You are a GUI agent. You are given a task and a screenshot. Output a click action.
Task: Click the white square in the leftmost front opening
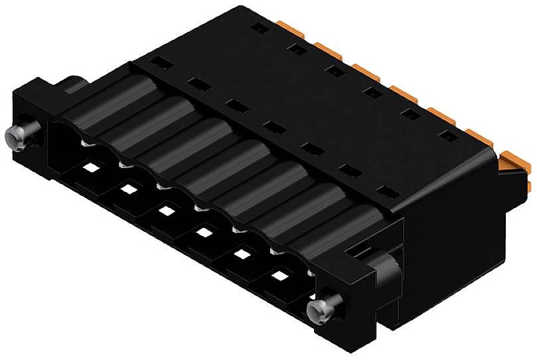pyautogui.click(x=89, y=169)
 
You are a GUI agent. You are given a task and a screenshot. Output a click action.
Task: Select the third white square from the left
pyautogui.click(x=165, y=212)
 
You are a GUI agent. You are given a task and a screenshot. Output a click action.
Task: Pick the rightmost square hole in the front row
pyautogui.click(x=385, y=192)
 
